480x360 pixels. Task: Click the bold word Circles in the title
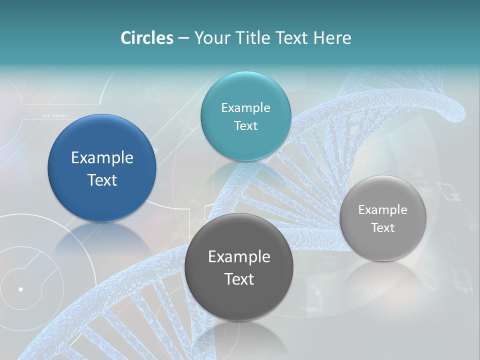click(147, 38)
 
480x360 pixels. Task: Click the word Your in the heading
click(211, 38)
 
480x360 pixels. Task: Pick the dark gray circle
click(239, 300)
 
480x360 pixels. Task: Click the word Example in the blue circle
click(102, 158)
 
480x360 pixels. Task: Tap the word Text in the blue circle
click(102, 180)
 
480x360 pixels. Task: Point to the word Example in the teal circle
click(245, 108)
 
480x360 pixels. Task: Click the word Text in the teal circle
click(245, 126)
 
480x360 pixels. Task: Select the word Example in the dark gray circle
click(239, 257)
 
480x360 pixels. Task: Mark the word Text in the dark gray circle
click(239, 279)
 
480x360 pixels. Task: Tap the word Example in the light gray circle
click(383, 210)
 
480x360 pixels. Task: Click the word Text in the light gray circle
click(383, 228)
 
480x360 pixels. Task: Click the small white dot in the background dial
click(21, 289)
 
